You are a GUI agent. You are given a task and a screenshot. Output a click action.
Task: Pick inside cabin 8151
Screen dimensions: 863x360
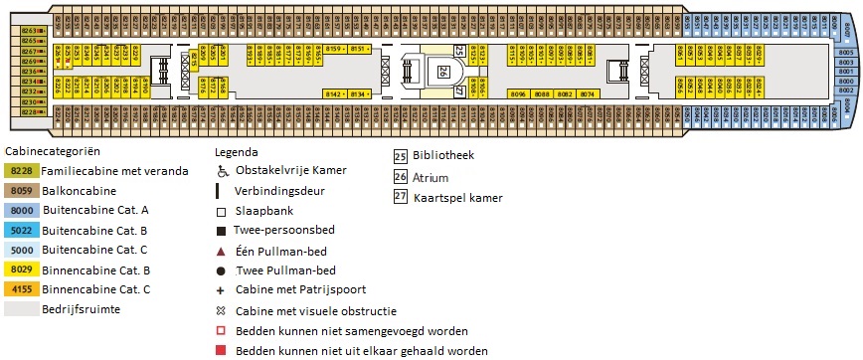[x=360, y=49]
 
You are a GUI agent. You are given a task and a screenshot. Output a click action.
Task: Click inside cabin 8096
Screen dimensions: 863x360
[x=517, y=93]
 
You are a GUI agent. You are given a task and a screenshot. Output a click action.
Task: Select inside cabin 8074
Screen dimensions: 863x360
[x=588, y=93]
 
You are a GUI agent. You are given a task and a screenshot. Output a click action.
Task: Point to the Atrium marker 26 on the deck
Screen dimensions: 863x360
[x=442, y=71]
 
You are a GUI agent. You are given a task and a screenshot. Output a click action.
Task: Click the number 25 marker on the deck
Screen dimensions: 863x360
[x=459, y=50]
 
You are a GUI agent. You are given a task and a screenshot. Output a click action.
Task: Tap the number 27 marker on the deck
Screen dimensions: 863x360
[x=459, y=91]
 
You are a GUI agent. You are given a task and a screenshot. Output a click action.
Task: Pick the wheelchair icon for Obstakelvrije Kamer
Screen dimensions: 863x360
[x=223, y=171]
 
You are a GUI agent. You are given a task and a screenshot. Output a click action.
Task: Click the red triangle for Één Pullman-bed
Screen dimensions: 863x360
[x=223, y=250]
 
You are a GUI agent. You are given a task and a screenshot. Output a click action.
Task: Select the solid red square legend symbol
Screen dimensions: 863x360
[x=223, y=350]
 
